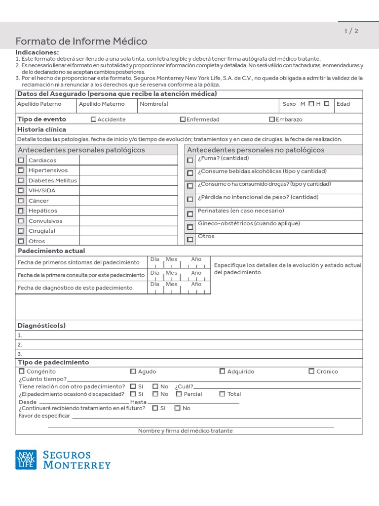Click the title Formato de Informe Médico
81,42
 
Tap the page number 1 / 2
351,31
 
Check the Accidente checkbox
94,119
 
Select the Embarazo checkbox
272,119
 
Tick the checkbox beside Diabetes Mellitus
21,180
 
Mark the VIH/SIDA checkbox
21,190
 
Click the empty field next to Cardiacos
128,160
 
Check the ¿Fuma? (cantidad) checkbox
190,160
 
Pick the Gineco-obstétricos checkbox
190,227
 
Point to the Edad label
343,104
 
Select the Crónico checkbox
311,371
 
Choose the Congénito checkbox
21,371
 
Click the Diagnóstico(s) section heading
41,326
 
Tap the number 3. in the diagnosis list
20,354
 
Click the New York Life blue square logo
26,460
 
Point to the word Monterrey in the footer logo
77,465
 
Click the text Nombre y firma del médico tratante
185,431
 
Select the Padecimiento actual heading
51,251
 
